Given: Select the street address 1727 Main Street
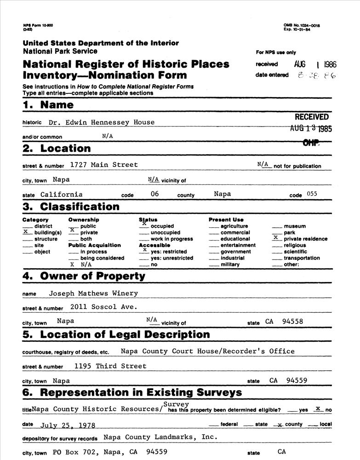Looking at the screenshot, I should (104, 164).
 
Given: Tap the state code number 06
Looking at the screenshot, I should (154, 194).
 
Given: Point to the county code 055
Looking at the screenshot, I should (312, 194).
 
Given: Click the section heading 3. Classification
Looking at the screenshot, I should (71, 207).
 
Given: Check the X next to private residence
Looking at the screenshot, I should (275, 237).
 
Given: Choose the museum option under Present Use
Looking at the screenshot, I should (294, 226).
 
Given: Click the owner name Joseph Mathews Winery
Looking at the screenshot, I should (93, 293).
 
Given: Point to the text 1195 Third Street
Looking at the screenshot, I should (110, 366).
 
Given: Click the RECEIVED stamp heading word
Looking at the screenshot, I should (312, 117).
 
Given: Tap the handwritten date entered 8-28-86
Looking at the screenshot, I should (317, 75).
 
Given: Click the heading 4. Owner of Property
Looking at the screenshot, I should (84, 276).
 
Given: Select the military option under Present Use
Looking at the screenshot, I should (230, 264).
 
